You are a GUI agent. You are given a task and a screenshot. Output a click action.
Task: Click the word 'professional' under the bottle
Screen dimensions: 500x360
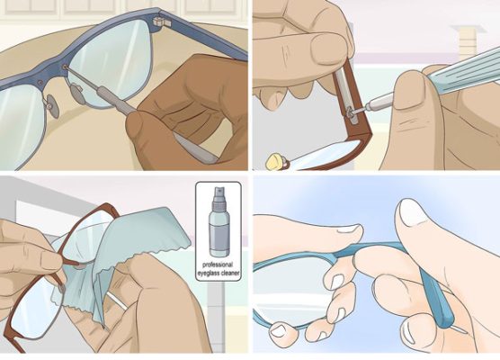click(218, 265)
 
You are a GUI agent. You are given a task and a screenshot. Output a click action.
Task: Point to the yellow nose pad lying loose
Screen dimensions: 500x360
click(276, 161)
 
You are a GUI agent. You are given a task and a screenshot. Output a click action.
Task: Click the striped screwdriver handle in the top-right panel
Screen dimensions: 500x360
click(464, 72)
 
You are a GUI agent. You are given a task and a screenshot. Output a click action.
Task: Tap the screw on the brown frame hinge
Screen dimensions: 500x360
click(350, 112)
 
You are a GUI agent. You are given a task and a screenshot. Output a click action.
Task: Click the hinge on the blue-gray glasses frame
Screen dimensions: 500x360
click(161, 22)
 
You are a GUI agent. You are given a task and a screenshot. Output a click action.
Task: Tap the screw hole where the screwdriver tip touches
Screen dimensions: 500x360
click(65, 67)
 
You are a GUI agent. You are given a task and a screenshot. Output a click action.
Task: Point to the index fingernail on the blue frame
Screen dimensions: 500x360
click(349, 229)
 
